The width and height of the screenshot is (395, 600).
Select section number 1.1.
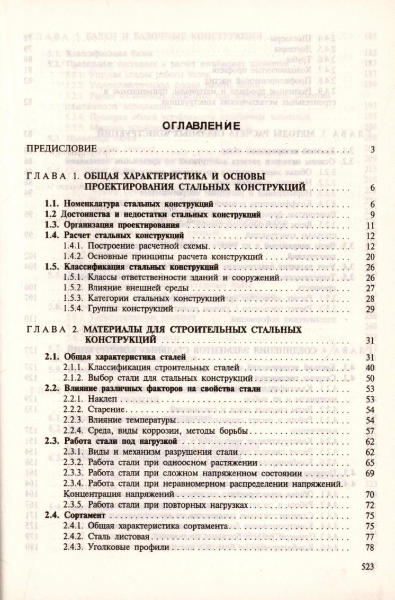click(51, 204)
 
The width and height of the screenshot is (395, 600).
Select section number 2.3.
click(51, 441)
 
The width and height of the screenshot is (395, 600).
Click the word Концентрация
click(93, 495)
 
